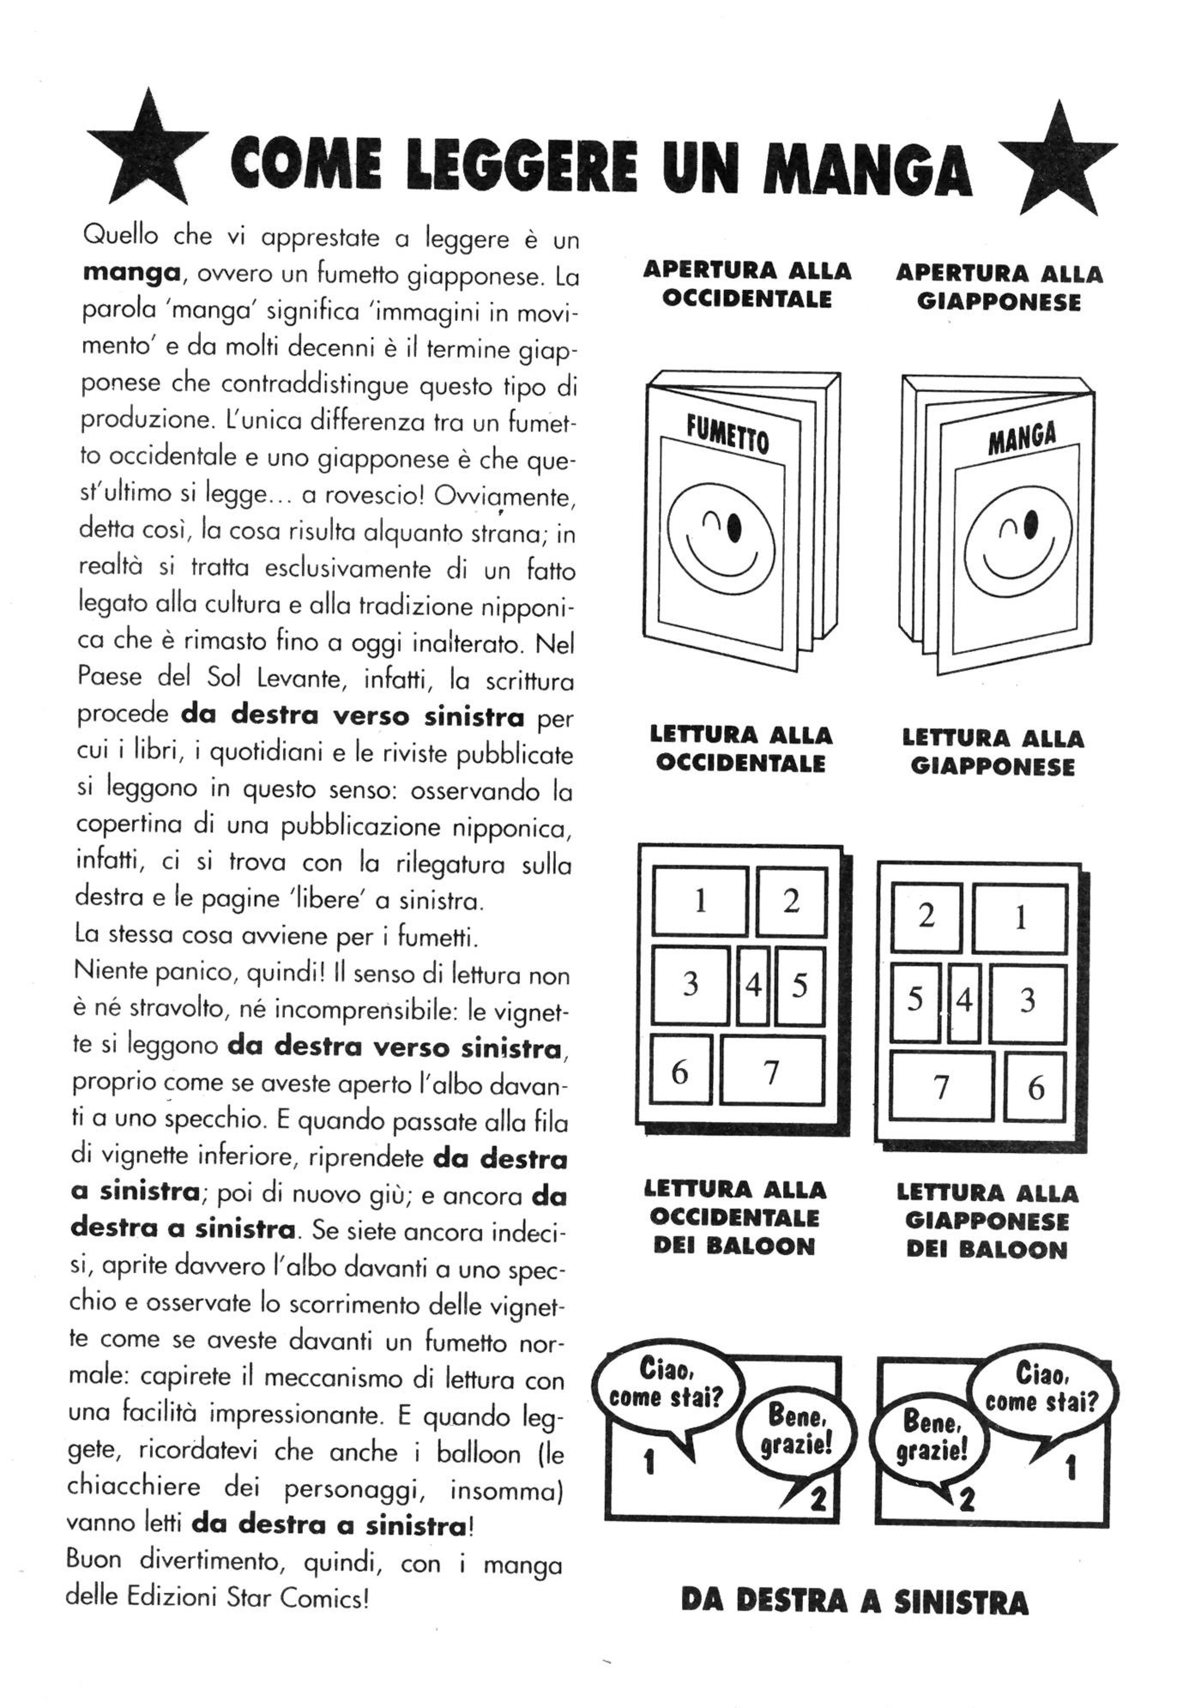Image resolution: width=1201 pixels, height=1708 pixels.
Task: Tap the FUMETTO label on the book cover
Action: pos(727,435)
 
